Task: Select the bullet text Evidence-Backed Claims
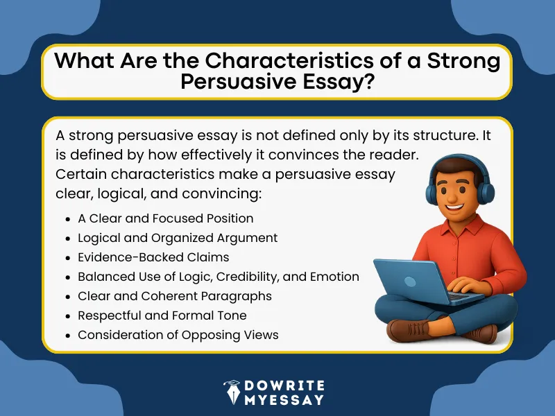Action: tap(153, 257)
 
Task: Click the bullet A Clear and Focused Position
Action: tap(165, 218)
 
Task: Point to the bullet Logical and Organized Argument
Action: tap(178, 238)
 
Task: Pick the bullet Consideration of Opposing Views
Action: tap(178, 335)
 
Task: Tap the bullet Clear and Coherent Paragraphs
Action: tap(174, 296)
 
